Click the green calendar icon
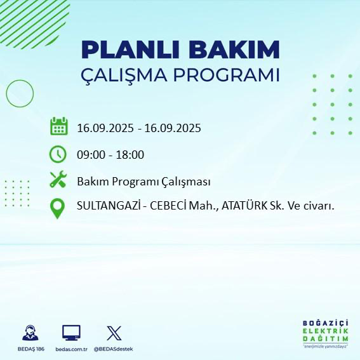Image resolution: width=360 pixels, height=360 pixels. click(58, 126)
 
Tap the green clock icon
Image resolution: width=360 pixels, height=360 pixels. click(58, 154)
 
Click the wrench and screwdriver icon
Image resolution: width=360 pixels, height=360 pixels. click(58, 180)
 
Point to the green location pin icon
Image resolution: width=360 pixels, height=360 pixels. click(58, 208)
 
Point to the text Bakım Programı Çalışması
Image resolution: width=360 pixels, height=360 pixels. click(143, 181)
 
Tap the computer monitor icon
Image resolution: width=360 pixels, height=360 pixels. click(71, 332)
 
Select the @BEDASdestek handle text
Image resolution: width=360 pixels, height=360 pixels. click(114, 349)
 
